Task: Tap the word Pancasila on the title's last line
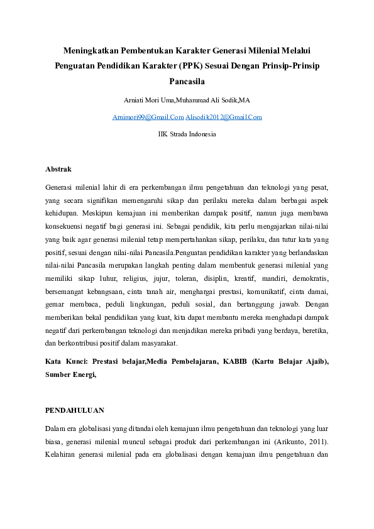tap(187, 81)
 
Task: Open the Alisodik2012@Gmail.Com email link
tap(224, 117)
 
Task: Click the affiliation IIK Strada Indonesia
tap(187, 134)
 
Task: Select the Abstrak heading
tap(58, 170)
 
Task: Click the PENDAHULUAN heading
tap(75, 410)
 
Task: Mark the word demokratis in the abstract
tap(307, 278)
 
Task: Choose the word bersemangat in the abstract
tap(65, 291)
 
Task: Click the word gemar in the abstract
tap(55, 304)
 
